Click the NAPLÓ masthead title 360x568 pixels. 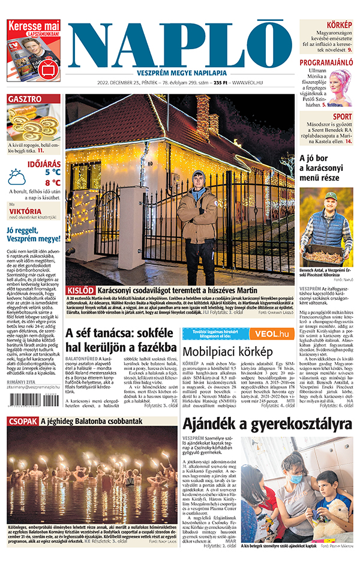(x=180, y=46)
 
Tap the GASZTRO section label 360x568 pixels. (x=25, y=99)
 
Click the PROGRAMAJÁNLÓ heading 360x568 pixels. (x=326, y=62)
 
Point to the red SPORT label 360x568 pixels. (x=342, y=117)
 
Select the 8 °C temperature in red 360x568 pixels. (x=52, y=183)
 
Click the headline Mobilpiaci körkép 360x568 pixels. (x=224, y=351)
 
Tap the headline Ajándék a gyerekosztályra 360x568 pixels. (x=267, y=424)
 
